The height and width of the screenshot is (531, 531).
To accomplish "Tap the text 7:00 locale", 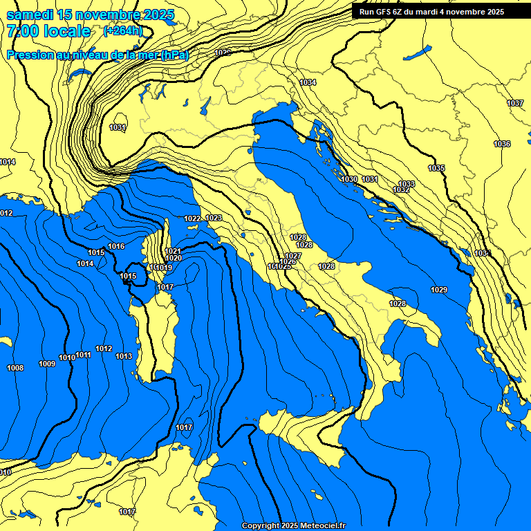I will (48, 31).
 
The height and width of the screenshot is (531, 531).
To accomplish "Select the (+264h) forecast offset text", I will (122, 31).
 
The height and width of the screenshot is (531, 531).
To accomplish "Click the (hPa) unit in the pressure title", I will (174, 55).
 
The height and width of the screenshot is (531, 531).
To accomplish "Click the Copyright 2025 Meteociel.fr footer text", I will (293, 526).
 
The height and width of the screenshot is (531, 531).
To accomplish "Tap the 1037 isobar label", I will (515, 103).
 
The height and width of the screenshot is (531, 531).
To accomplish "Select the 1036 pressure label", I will (502, 144).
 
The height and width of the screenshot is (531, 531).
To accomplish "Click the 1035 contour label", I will (436, 168).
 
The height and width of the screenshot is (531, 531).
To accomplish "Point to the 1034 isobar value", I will (308, 82).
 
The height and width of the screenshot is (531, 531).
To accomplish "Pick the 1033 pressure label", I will (407, 184).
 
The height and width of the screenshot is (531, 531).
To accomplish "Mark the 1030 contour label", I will (349, 179).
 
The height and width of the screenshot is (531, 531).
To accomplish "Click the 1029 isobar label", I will (438, 290).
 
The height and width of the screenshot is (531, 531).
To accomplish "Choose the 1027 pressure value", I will (293, 256).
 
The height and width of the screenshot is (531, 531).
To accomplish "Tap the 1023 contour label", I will (214, 218).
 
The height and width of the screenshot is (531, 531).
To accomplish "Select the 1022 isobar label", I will (192, 218).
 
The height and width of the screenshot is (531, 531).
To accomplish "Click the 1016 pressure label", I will (116, 246).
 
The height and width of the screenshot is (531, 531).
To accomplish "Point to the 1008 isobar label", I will (15, 368).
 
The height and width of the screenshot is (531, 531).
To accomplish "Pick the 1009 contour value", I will (47, 364).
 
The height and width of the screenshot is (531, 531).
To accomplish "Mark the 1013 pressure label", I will (124, 356).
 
